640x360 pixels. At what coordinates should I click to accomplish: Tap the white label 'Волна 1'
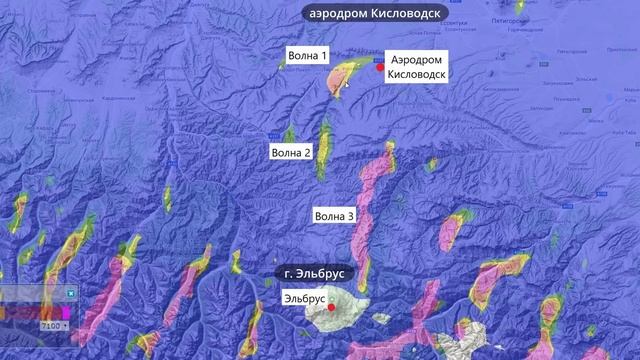308,56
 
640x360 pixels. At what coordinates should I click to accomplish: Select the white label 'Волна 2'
292,153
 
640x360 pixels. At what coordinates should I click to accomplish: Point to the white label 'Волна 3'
334,215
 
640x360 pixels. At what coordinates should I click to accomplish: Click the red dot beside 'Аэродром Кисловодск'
380,67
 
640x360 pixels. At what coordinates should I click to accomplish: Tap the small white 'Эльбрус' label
304,298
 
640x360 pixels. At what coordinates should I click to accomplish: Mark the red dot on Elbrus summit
331,308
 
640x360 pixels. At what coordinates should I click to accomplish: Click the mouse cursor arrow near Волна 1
347,85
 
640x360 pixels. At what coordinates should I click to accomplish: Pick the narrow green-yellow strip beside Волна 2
324,148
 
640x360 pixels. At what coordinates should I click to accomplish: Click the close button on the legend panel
72,293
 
